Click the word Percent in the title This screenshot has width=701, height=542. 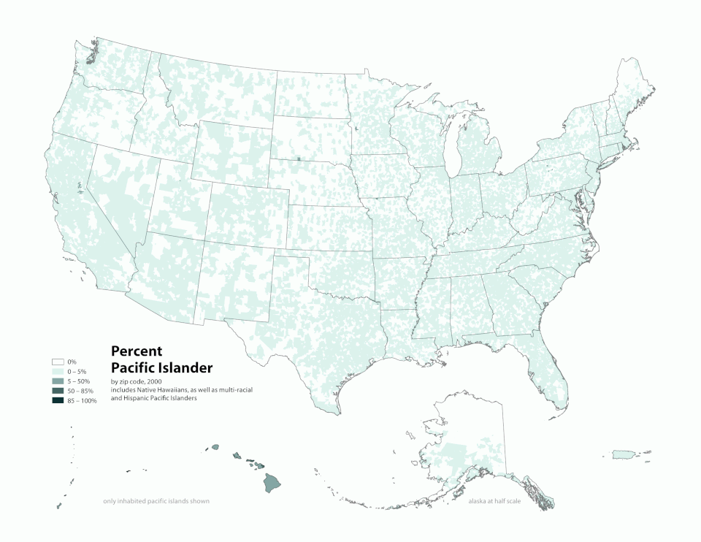click(x=136, y=351)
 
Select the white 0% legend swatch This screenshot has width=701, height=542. click(x=58, y=362)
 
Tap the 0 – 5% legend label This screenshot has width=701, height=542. click(x=77, y=372)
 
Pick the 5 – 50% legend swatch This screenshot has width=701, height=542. click(x=58, y=381)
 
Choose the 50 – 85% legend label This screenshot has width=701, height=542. click(x=80, y=392)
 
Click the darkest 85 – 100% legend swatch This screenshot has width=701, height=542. click(x=58, y=401)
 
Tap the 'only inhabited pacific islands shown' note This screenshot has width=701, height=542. click(x=156, y=502)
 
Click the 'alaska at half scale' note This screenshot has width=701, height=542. click(x=494, y=502)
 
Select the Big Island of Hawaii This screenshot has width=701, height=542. click(x=272, y=482)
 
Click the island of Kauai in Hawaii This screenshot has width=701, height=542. click(x=215, y=447)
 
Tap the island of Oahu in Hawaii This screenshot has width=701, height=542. click(x=237, y=456)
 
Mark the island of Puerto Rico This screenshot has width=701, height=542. click(x=622, y=455)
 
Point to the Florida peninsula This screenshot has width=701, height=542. click(x=555, y=373)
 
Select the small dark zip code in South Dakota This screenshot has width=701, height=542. click(x=299, y=159)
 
